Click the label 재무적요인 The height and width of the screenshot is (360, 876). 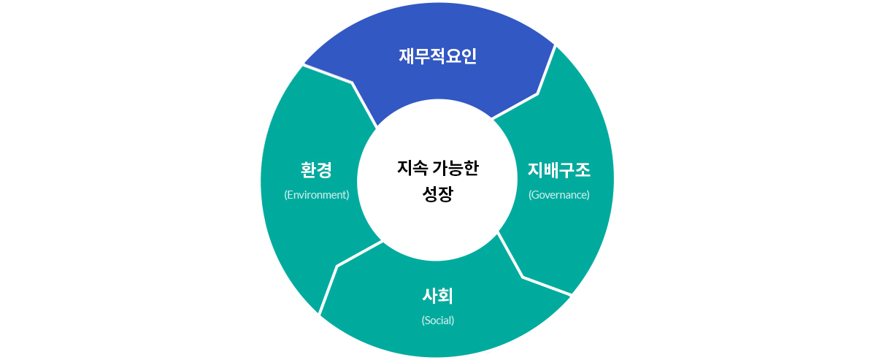click(x=437, y=56)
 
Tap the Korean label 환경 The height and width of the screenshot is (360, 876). click(x=316, y=171)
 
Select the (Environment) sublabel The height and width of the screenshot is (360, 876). click(x=316, y=195)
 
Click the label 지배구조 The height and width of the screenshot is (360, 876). click(x=558, y=171)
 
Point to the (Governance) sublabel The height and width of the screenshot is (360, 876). click(x=558, y=195)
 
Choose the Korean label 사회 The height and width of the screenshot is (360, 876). click(x=437, y=296)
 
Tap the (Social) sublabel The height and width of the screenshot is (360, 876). click(x=437, y=321)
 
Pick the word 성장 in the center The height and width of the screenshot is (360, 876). click(x=437, y=194)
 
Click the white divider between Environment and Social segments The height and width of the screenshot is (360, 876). click(x=337, y=267)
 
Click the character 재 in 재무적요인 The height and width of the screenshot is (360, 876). click(x=407, y=56)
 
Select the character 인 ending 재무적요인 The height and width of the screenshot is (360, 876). click(x=469, y=56)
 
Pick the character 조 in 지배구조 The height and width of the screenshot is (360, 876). click(x=583, y=171)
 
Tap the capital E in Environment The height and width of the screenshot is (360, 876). click(x=290, y=195)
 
